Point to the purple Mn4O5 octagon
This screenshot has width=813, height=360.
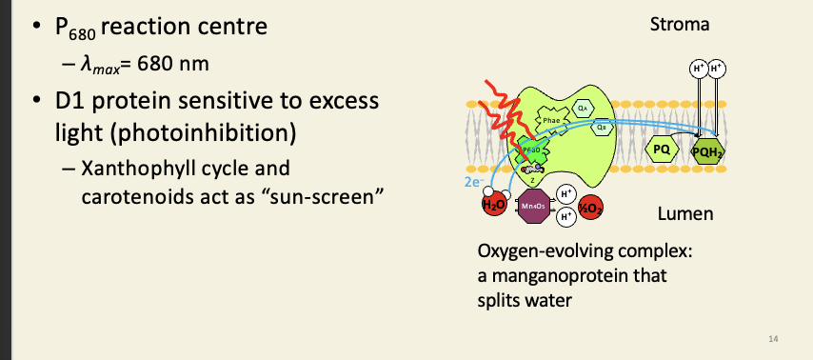coord(532,205)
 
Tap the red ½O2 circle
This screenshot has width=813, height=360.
coord(590,204)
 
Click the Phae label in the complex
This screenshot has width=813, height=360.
coord(553,121)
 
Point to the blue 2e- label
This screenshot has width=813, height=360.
coord(473,180)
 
